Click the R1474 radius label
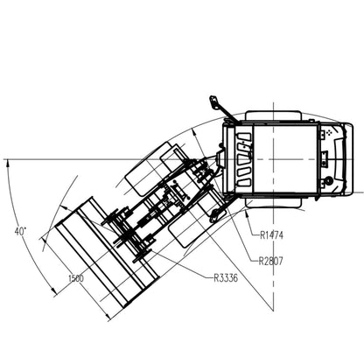pos(271,235)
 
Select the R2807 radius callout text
pos(270,261)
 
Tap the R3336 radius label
pos(226,278)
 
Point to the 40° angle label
pos(20,232)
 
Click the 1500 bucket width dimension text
pos(76,278)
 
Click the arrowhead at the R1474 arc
pos(248,215)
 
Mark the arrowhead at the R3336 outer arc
pos(63,208)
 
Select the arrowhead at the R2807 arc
pos(194,135)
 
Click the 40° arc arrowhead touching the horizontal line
pos(7,164)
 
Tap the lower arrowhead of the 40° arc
pos(53,290)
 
